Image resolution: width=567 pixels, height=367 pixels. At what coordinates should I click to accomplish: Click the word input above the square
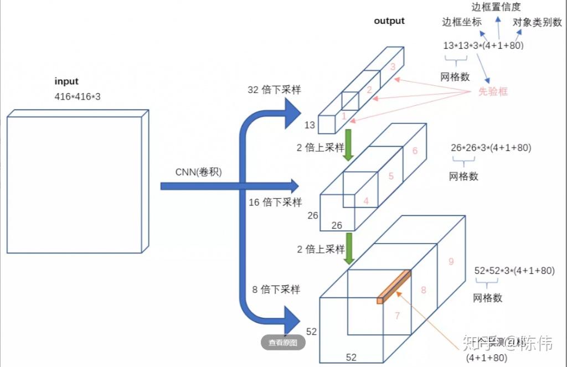pos(66,81)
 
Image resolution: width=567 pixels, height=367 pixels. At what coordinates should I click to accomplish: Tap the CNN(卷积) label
pos(199,172)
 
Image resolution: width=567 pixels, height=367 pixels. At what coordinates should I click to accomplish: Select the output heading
pos(389,21)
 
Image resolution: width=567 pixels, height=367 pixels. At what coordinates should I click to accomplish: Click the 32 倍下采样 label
pos(274,90)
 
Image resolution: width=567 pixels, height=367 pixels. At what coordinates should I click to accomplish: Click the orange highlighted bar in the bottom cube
pos(394,286)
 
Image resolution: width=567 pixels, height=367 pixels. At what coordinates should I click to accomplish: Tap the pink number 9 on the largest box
pos(451,261)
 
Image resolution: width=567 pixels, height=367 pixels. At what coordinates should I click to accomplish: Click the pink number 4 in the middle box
pos(366,201)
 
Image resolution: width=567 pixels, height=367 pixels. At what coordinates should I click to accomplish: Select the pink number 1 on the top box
pos(344,116)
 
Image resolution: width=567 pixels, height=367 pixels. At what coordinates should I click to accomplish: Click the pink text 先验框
pos(493,92)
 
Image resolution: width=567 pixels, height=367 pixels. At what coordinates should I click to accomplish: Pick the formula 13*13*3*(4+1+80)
pos(483,45)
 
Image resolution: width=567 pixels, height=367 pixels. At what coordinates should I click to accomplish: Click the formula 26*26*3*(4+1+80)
pos(491,147)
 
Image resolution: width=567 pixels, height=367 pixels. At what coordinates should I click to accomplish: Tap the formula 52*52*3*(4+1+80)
pos(514,270)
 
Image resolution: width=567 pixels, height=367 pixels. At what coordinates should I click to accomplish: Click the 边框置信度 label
pos(496,7)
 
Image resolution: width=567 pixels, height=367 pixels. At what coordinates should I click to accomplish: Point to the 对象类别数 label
pos(537,23)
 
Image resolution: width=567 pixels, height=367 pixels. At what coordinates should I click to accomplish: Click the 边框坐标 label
pos(462,22)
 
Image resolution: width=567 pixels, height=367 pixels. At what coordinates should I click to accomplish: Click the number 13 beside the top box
pos(310,125)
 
